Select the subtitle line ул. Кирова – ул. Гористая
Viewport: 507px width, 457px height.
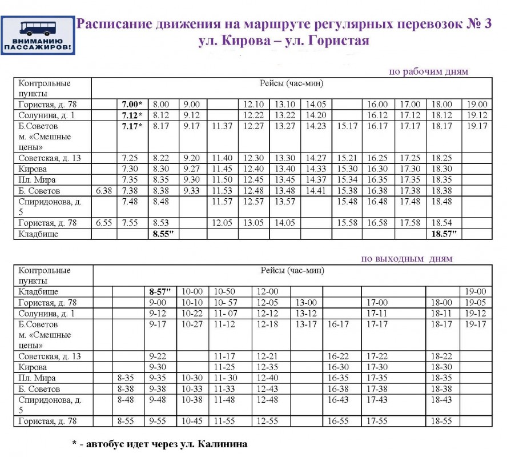(284, 41)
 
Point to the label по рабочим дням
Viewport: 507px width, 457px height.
(428, 71)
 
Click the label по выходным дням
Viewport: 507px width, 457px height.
(407, 258)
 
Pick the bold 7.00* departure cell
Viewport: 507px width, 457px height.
(132, 105)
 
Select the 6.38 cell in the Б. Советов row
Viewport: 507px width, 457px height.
(104, 191)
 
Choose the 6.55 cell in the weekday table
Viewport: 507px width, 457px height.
(104, 223)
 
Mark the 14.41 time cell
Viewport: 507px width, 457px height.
(316, 191)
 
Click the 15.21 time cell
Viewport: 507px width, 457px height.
(347, 158)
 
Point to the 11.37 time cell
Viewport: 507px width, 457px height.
(222, 126)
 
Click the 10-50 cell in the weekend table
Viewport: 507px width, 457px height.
(224, 291)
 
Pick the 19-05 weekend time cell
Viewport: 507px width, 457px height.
(475, 302)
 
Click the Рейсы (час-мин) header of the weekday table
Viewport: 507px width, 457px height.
(291, 83)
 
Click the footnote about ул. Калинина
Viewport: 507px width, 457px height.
(159, 444)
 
